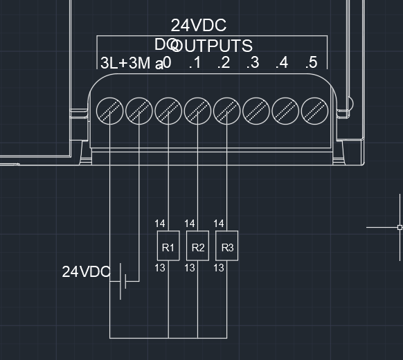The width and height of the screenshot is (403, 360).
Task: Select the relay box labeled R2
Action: pyautogui.click(x=198, y=246)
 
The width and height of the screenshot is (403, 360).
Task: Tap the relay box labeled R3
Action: pyautogui.click(x=227, y=246)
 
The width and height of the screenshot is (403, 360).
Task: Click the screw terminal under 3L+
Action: pyautogui.click(x=110, y=109)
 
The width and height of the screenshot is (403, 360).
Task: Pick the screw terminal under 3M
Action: pyautogui.click(x=139, y=109)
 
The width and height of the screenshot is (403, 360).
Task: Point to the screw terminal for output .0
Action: pyautogui.click(x=168, y=109)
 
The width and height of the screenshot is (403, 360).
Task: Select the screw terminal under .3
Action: pyautogui.click(x=256, y=109)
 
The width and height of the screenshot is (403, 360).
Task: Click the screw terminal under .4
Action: pyautogui.click(x=285, y=109)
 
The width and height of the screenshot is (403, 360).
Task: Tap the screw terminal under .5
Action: pyautogui.click(x=314, y=109)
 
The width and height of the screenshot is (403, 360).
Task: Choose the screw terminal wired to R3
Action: pyautogui.click(x=227, y=109)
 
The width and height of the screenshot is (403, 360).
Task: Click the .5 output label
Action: pyautogui.click(x=311, y=63)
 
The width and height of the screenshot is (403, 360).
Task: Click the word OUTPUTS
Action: pyautogui.click(x=212, y=46)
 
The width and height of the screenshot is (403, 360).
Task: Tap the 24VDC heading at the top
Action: pyautogui.click(x=199, y=26)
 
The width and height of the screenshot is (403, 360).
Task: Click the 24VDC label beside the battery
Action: pyautogui.click(x=86, y=271)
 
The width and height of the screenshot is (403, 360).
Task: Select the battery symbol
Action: pyautogui.click(x=123, y=280)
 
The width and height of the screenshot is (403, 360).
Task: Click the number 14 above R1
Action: pyautogui.click(x=160, y=224)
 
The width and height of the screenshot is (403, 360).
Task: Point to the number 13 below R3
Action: pyautogui.click(x=219, y=267)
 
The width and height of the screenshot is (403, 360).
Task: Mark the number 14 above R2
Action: pyautogui.click(x=190, y=224)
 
